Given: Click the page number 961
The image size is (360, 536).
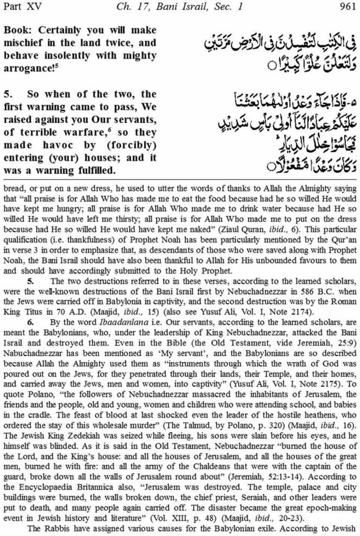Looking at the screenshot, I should tap(347, 6).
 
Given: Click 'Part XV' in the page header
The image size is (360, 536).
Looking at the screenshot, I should tap(22, 6).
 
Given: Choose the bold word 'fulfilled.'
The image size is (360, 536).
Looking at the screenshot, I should tap(96, 171).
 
